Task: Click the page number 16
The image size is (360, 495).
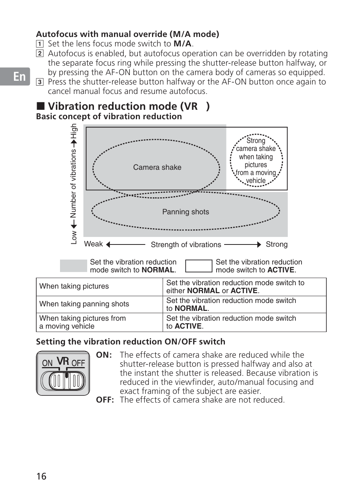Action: click(42, 476)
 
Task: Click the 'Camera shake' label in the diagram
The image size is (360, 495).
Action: click(157, 167)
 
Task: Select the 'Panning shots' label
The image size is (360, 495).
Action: click(185, 212)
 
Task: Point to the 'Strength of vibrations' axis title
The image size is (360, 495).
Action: click(186, 245)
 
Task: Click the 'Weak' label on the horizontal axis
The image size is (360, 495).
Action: click(93, 244)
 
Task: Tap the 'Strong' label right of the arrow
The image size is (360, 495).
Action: click(276, 244)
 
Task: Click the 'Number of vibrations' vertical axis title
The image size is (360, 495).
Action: click(73, 184)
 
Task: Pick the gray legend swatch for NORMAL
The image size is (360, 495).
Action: click(73, 266)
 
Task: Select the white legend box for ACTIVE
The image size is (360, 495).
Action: click(198, 266)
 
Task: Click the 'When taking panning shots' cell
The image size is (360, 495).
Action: click(84, 304)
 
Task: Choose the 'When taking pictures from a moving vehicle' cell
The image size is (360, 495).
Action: click(83, 322)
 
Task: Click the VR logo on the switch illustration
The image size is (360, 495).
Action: click(63, 361)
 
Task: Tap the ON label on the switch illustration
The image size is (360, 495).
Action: click(47, 363)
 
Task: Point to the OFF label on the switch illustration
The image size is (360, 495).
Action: click(78, 363)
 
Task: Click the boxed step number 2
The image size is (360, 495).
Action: click(40, 54)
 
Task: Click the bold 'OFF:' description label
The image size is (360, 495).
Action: click(105, 400)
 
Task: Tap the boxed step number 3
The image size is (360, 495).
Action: click(40, 82)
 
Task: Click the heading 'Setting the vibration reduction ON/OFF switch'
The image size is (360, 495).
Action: click(131, 342)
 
